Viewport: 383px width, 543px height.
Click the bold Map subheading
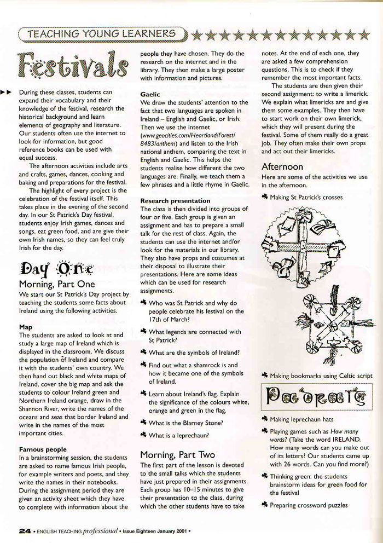[26, 327]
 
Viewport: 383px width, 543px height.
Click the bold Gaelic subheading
[150, 94]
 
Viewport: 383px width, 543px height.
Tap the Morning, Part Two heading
[178, 454]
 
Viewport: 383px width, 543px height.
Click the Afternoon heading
[282, 166]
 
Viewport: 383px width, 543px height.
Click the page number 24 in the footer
[24, 530]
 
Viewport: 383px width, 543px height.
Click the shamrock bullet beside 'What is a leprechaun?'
[143, 435]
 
